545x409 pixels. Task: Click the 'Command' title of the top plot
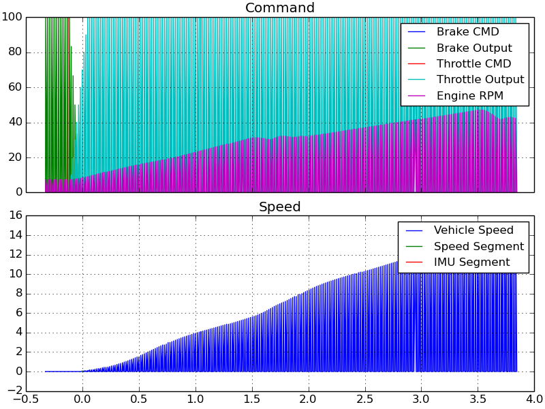coord(279,8)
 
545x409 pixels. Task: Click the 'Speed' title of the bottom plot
coord(279,207)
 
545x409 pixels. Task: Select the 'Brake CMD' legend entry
coord(467,32)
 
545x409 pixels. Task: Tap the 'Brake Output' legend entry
coord(474,48)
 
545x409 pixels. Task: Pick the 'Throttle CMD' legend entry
coord(473,64)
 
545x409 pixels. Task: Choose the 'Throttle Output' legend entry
coord(480,80)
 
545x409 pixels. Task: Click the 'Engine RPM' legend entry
coord(469,96)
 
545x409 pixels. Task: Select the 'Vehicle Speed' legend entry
coord(473,230)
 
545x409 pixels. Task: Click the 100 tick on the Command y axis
coord(12,17)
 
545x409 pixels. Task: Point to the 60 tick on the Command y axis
coord(15,87)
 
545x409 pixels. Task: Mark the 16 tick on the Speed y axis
coord(15,215)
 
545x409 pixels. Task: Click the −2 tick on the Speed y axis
coord(12,391)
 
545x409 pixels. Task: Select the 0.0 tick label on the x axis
coord(82,399)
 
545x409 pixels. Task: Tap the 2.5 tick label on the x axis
coord(365,399)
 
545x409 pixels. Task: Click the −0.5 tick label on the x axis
coord(26,399)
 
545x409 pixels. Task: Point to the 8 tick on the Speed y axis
coord(18,294)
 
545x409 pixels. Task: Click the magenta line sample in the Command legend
coord(416,96)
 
